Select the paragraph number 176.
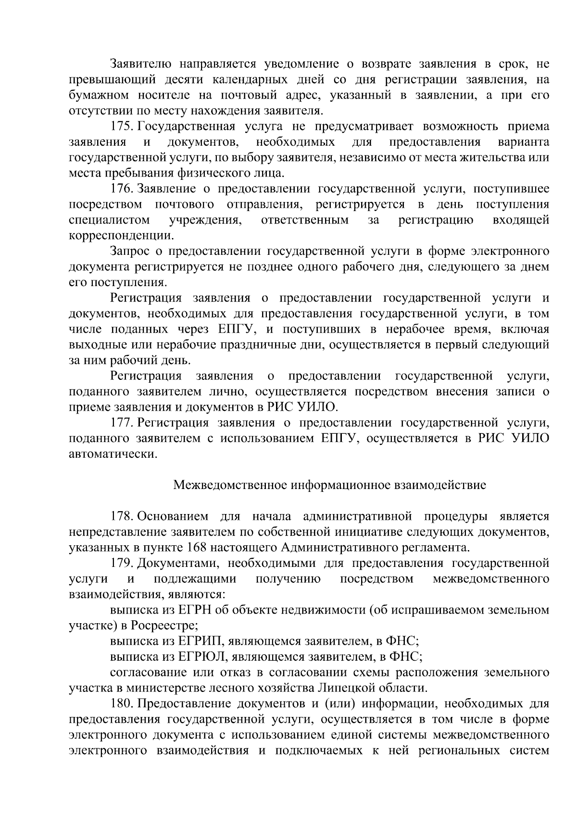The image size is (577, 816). [122, 189]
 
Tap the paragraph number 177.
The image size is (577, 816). [122, 423]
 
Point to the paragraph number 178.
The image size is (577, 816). [122, 516]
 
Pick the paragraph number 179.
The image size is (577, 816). [122, 563]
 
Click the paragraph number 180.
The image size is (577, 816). [122, 703]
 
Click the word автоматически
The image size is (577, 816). [113, 454]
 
